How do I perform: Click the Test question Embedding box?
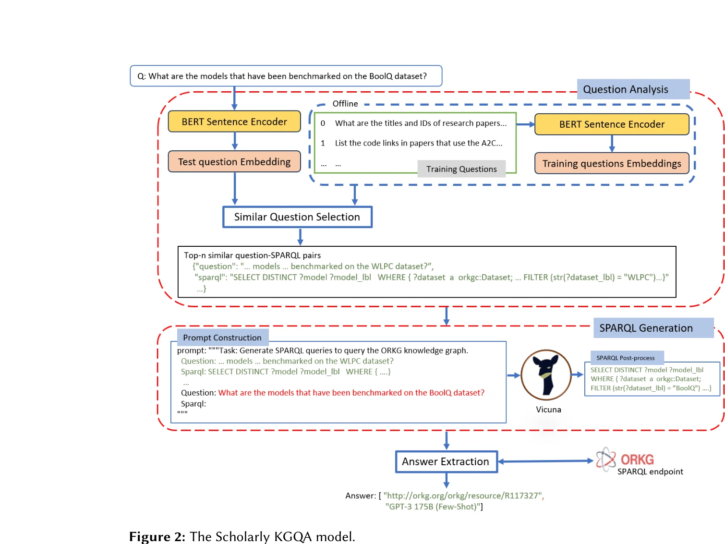(234, 162)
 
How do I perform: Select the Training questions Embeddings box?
(612, 164)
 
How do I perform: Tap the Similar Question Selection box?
(297, 217)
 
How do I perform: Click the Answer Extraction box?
(446, 461)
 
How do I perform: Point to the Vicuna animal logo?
(546, 375)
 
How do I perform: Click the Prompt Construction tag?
(222, 338)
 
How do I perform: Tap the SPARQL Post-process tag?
(626, 358)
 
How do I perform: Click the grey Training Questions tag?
(461, 169)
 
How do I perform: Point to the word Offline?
(345, 104)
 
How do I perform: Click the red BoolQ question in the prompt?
(351, 393)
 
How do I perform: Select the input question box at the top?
(286, 76)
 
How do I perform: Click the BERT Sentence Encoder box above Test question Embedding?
(234, 122)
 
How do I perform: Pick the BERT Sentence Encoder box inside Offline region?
(612, 124)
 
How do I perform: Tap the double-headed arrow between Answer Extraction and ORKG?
(546, 461)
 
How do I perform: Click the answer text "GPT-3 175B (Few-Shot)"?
(434, 507)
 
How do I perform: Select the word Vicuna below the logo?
(548, 410)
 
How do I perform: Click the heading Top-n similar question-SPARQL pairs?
(252, 255)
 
